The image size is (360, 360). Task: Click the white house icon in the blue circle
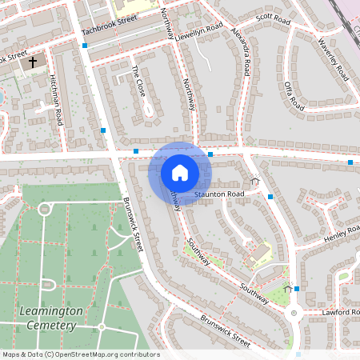(180, 173)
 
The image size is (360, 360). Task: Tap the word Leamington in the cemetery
(49, 310)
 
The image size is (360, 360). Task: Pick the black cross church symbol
(33, 62)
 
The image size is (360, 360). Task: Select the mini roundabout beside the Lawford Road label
(294, 314)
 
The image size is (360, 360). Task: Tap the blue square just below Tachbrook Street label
(85, 46)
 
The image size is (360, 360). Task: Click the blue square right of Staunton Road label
(270, 196)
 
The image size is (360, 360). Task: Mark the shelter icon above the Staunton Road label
(255, 181)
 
